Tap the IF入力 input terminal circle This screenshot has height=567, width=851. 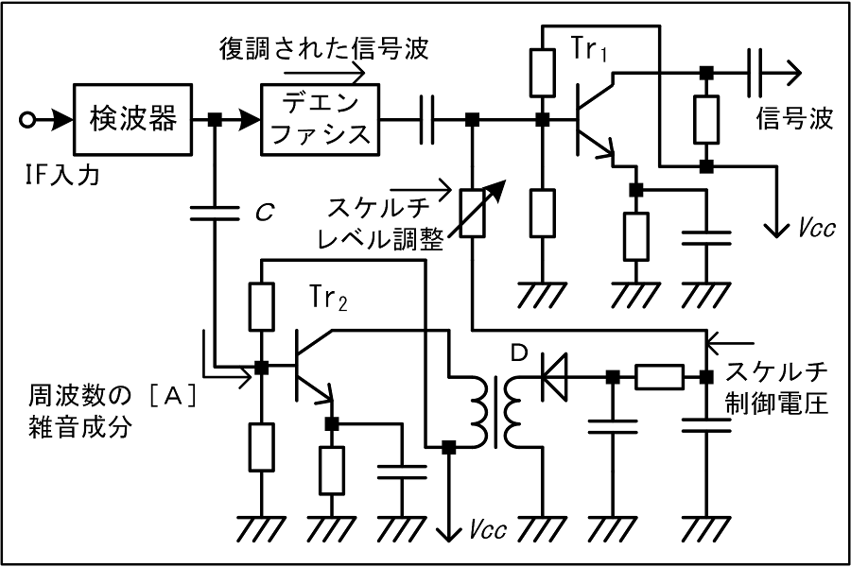point(29,119)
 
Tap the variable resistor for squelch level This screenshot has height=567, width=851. point(472,214)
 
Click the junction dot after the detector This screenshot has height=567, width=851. point(215,119)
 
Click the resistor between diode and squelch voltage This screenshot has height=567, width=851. point(658,377)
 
